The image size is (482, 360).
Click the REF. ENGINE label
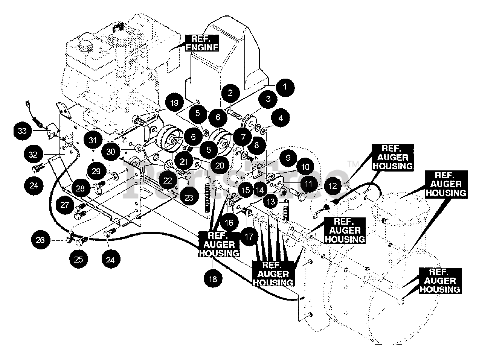(x=202, y=43)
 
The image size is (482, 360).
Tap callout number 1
(x=285, y=87)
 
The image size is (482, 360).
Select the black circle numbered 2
(x=230, y=93)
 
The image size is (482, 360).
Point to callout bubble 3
(x=268, y=99)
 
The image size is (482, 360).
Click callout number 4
(x=281, y=118)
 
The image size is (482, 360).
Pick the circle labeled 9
(x=288, y=158)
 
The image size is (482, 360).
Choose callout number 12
(x=333, y=186)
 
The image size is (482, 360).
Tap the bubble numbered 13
(x=271, y=202)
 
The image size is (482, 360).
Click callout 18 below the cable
(x=213, y=279)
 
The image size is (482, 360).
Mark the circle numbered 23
(x=189, y=198)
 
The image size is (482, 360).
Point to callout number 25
(x=78, y=260)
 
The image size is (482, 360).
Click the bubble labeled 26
(x=40, y=240)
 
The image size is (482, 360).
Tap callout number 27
(x=64, y=205)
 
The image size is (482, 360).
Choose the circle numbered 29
(x=96, y=171)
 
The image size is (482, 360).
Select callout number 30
(x=111, y=152)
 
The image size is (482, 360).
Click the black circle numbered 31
(x=93, y=140)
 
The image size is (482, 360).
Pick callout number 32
(x=34, y=155)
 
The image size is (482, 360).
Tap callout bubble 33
(x=22, y=131)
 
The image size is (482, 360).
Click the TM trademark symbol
(x=353, y=164)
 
